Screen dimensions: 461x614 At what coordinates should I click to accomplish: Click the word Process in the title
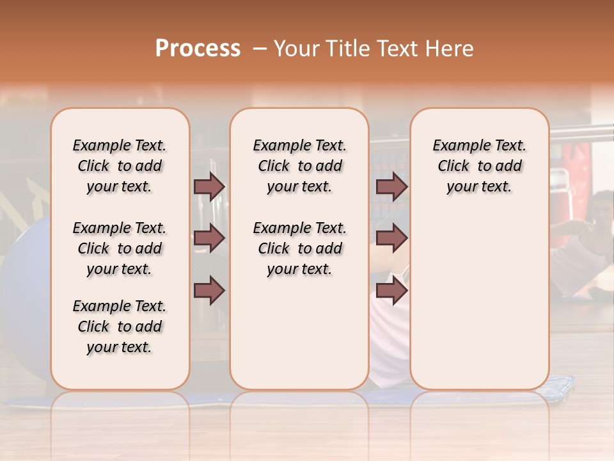198,48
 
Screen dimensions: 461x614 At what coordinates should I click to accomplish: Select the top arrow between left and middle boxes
209,186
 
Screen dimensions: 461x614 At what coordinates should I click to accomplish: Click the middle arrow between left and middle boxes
209,238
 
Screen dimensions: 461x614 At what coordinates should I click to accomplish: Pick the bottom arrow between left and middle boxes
209,291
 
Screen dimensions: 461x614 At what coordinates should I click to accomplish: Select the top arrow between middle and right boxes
391,186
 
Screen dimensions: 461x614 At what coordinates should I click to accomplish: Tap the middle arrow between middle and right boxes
391,238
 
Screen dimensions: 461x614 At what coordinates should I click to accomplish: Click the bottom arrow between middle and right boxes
391,291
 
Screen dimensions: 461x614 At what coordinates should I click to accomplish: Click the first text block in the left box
120,166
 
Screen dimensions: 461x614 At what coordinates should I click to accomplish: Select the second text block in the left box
120,248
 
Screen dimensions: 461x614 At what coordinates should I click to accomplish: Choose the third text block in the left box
120,327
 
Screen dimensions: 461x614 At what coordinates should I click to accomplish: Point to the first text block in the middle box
299,166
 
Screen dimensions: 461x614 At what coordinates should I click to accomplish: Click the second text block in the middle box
299,248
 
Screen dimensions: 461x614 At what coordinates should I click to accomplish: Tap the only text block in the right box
479,166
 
